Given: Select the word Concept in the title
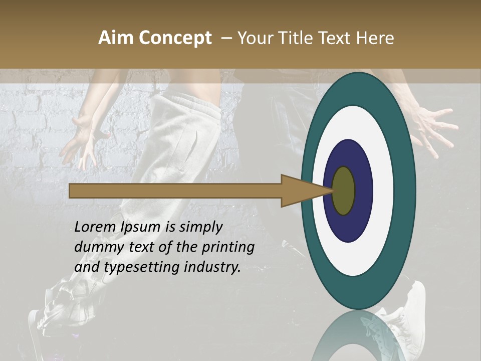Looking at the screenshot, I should (175, 39).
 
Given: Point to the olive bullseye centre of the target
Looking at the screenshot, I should (343, 191).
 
